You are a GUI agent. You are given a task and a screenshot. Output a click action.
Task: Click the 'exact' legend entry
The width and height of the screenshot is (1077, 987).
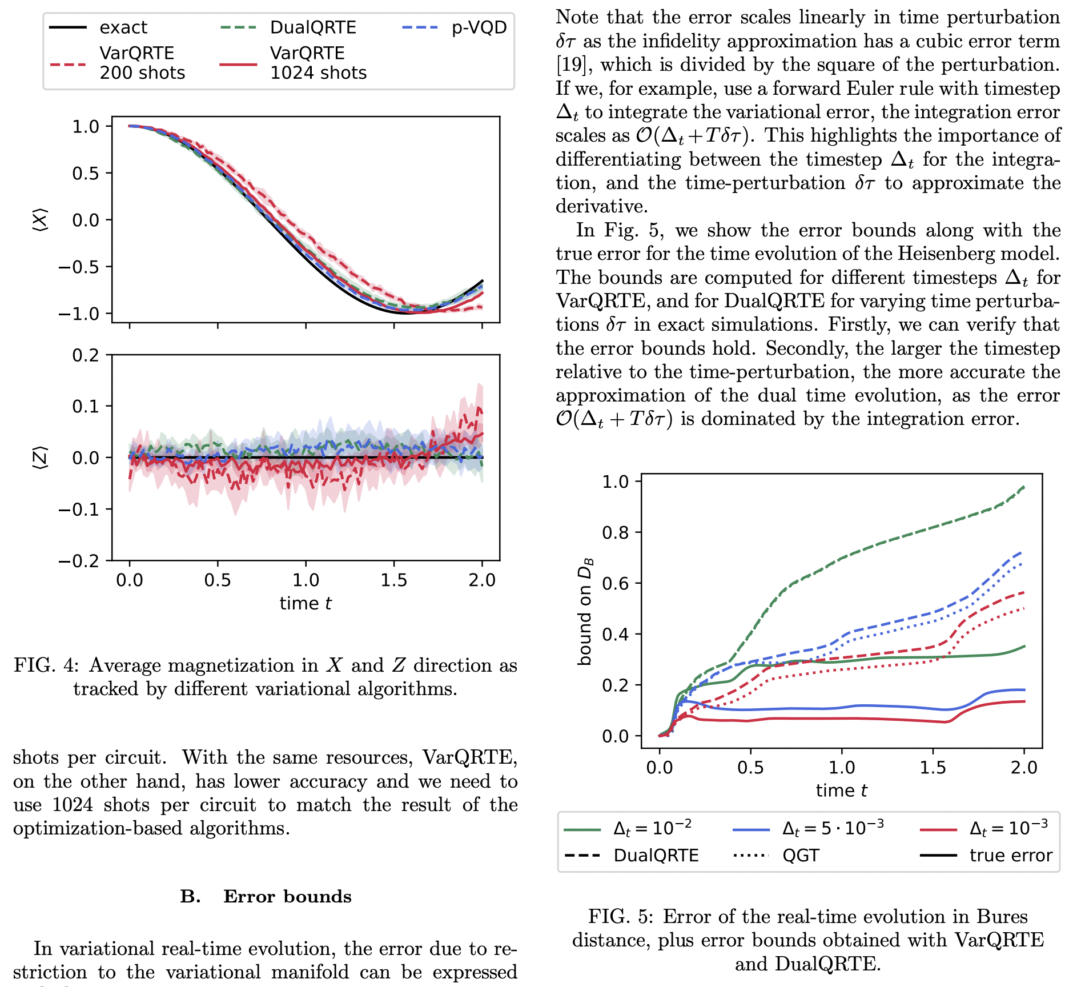coord(123,27)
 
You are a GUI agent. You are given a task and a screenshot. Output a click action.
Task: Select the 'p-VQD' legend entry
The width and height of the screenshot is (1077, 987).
coord(479,27)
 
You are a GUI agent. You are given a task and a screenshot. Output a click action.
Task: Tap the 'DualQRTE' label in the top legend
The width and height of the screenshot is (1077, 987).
coord(312,27)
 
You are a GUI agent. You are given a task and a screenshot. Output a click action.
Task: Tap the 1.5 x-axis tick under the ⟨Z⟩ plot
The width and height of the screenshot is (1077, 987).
coord(393,580)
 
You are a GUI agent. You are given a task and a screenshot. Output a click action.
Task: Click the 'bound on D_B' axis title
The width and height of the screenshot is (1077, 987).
coord(585,611)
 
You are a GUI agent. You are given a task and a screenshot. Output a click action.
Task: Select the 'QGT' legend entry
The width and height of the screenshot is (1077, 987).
coord(801,855)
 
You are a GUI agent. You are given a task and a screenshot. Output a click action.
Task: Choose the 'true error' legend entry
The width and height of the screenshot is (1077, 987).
coord(1010,855)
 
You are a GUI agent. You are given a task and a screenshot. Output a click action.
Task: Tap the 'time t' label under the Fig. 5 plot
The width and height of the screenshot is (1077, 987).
coord(841,791)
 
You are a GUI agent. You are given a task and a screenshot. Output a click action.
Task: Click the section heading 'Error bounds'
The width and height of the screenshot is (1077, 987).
coord(287,896)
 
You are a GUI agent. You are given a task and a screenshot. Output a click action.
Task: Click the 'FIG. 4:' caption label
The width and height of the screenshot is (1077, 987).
coord(47,665)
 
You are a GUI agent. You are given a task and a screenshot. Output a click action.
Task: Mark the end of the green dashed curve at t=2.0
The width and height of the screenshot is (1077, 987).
coord(1024,487)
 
